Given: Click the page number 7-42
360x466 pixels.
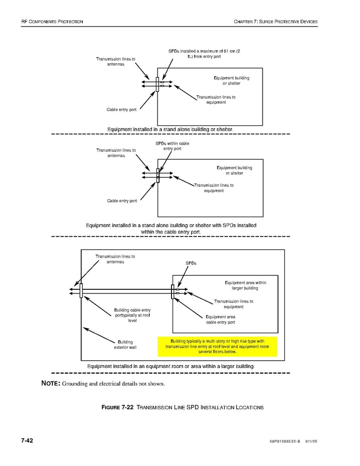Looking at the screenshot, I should coord(27,441).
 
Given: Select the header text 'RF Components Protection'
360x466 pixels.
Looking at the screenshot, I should coord(52,21).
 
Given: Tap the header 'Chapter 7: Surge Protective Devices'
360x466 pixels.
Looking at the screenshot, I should coord(276,21).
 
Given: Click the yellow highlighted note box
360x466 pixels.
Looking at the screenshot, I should coord(217,346).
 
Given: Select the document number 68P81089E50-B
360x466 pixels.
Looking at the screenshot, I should coord(288,442).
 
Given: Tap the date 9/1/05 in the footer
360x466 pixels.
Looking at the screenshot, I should coord(311,442).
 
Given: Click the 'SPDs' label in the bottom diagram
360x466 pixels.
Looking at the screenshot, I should coord(191,263).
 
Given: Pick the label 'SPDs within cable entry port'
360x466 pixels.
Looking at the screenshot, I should coord(172,146).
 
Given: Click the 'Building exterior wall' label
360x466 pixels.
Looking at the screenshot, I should coord(125,345).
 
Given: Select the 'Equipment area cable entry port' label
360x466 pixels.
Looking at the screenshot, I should coord(220,319).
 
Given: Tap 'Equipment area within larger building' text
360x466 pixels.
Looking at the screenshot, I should coord(245,285).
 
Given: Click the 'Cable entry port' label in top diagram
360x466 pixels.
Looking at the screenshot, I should coord(122,110).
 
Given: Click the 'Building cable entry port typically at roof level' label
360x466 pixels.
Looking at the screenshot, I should coord(132,315).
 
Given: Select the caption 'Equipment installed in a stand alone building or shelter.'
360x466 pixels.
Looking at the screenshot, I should coord(170,129).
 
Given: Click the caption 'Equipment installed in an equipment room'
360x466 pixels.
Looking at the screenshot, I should coord(171,366).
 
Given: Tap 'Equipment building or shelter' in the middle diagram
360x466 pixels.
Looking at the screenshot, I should coord(234,171).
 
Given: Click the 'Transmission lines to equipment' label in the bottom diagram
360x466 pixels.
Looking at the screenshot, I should coord(234,304).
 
